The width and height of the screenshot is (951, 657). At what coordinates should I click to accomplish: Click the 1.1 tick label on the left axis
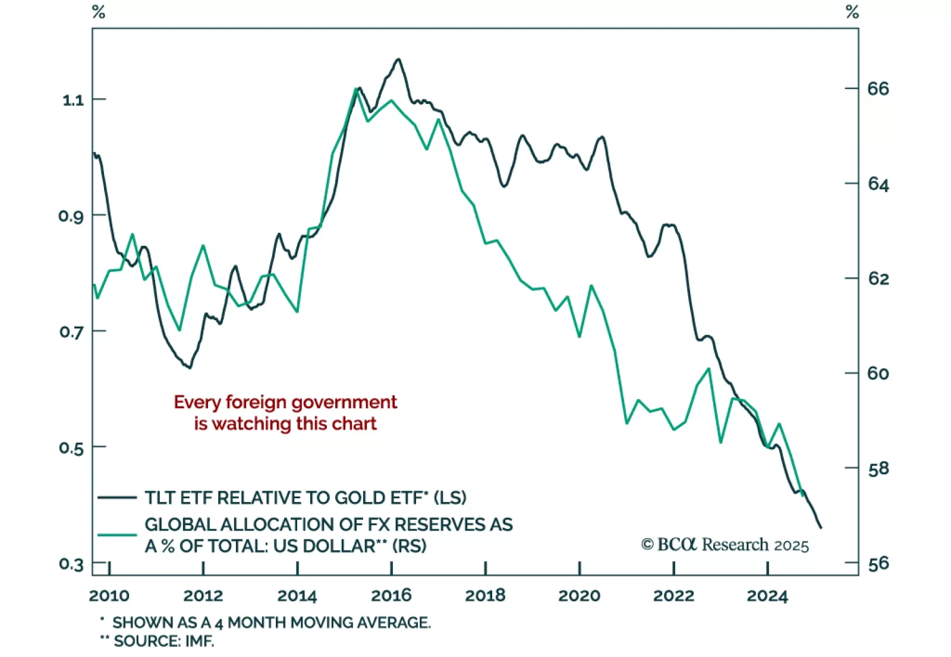pos(73,100)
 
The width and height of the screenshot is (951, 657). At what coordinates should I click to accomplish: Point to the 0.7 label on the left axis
pos(71,331)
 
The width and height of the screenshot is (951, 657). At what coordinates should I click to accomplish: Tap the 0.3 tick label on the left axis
pos(71,564)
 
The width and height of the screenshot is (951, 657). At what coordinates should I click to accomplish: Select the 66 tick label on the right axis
pos(878,89)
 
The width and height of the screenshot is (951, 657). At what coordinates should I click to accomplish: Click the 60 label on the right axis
pos(878,373)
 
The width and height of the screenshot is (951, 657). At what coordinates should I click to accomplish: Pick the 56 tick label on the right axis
pos(878,563)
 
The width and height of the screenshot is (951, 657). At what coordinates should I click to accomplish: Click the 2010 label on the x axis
pos(109,595)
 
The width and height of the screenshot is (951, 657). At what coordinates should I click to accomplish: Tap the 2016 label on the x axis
pos(391,595)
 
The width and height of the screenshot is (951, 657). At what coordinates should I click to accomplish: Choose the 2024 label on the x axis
pos(767,595)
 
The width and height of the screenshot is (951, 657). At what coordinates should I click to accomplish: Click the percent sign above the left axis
pos(99,12)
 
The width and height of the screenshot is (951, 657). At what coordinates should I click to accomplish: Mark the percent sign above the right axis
pos(852,12)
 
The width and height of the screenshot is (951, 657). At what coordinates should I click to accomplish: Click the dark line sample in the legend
pos(117,497)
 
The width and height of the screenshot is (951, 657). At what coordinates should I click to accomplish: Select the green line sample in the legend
pos(117,535)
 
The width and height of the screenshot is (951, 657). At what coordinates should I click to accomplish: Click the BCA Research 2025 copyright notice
pos(725,545)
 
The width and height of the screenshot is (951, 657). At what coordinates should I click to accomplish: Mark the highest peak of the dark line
pos(398,59)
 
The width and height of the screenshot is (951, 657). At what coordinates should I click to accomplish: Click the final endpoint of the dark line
pos(821,528)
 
